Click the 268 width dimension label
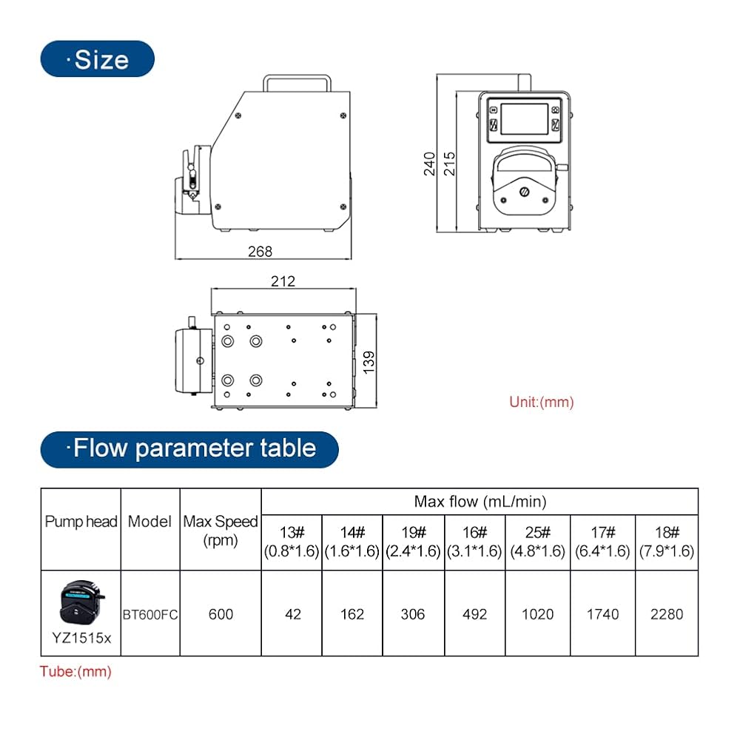click(x=260, y=252)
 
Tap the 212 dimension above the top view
click(x=283, y=281)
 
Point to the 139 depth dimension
click(x=369, y=363)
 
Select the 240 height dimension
click(x=429, y=164)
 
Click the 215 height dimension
click(x=449, y=164)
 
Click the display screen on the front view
click(x=525, y=119)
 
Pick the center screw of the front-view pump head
click(x=525, y=192)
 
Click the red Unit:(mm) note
click(x=542, y=402)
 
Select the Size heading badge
click(x=98, y=59)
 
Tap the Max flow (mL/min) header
click(x=480, y=502)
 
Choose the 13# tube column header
click(x=292, y=542)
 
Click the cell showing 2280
click(x=667, y=614)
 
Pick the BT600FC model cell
click(x=150, y=614)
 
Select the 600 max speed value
click(x=221, y=614)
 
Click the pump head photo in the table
click(x=81, y=602)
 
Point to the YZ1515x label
click(x=81, y=638)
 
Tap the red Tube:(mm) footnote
click(x=75, y=672)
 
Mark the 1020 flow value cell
click(x=537, y=614)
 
